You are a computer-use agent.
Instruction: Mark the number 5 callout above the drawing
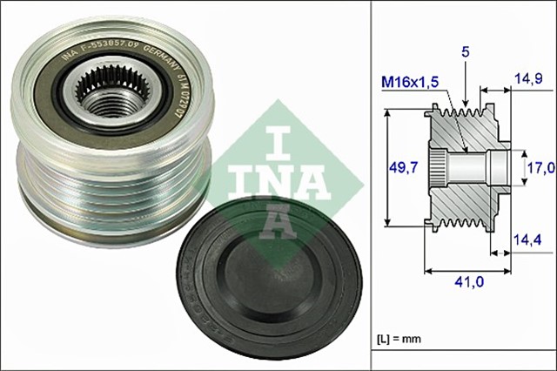point(466,53)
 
